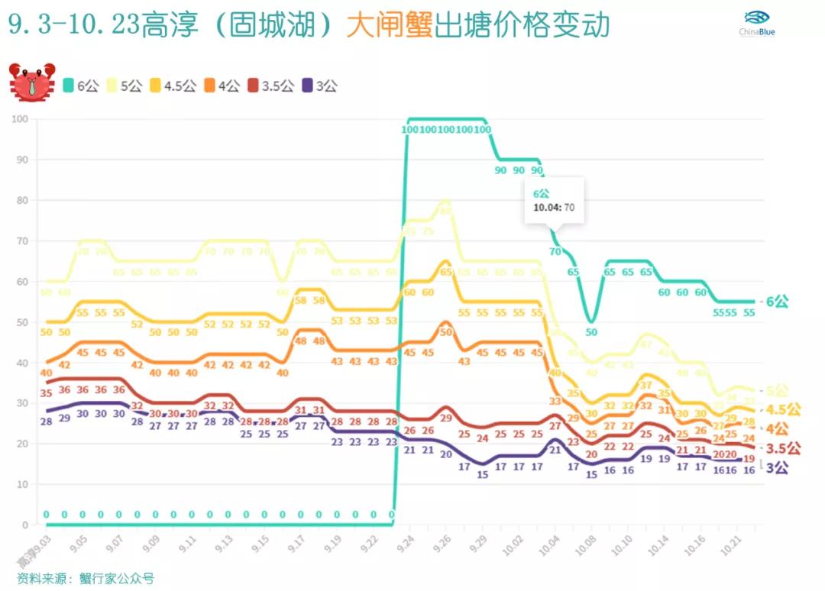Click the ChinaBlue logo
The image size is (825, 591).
pyautogui.click(x=756, y=24)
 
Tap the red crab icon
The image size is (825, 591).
pyautogui.click(x=31, y=82)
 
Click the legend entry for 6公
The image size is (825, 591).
pyautogui.click(x=82, y=86)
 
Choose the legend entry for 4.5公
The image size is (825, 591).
pyautogui.click(x=176, y=86)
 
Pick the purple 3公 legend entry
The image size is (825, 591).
pyautogui.click(x=320, y=86)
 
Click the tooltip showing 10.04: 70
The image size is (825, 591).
pyautogui.click(x=554, y=201)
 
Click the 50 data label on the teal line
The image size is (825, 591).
pyautogui.click(x=591, y=332)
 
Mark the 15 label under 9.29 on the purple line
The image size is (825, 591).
pyautogui.click(x=482, y=474)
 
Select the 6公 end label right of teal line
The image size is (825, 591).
pyautogui.click(x=777, y=302)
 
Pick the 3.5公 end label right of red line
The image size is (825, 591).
pyautogui.click(x=783, y=448)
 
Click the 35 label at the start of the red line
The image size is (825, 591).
pyautogui.click(x=46, y=393)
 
